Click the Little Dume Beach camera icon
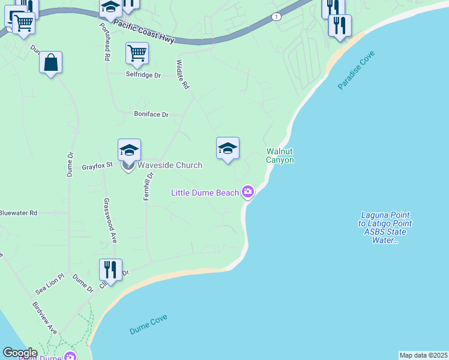click(x=248, y=193)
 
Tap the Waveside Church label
click(x=170, y=166)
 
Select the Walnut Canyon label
click(x=280, y=156)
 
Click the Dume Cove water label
click(x=148, y=325)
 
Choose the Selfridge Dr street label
click(x=143, y=76)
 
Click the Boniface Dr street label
click(x=151, y=114)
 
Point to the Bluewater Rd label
click(x=19, y=213)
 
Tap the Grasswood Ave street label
click(x=110, y=220)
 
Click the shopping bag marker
click(x=51, y=63)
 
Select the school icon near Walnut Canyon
click(x=228, y=148)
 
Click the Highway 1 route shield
click(x=276, y=16)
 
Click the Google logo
click(x=20, y=353)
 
